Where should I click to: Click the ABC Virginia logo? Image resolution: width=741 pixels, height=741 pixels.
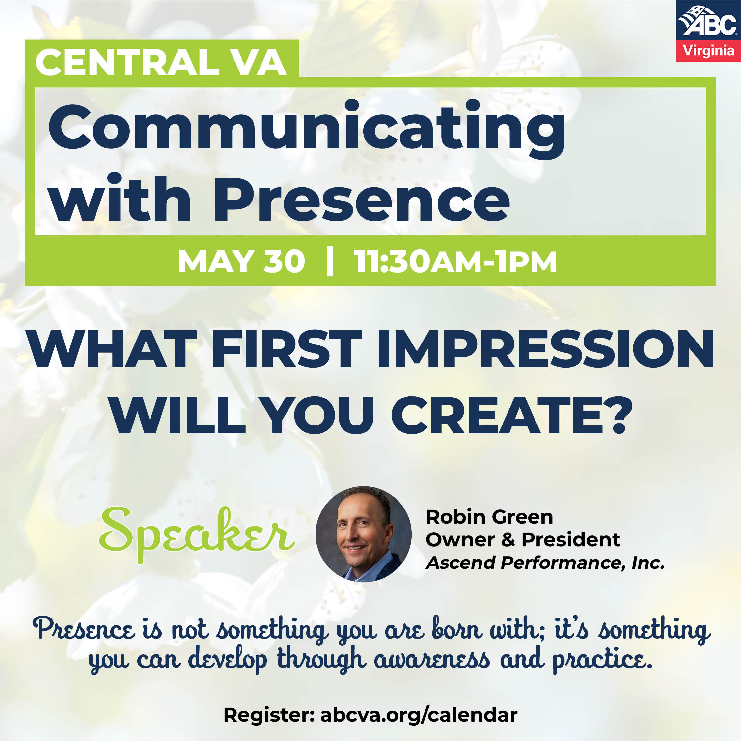(708, 31)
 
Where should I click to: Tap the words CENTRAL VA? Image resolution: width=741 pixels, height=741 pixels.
(161, 63)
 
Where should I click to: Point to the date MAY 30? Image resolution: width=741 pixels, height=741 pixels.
(242, 261)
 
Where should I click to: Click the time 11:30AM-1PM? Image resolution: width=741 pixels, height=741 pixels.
(455, 261)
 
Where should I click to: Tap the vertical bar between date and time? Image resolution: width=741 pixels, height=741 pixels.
(329, 261)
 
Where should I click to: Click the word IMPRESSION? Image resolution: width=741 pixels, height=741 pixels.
(545, 349)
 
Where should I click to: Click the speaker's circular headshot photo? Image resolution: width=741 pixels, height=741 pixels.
(363, 534)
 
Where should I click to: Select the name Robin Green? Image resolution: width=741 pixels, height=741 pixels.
(489, 517)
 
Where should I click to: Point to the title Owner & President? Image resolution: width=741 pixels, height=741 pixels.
(522, 540)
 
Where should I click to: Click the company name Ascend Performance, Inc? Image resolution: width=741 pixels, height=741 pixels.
(545, 563)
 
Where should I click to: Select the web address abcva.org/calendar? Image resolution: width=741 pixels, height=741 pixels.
(419, 715)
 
